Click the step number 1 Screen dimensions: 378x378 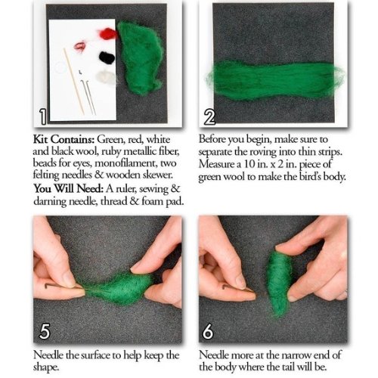point(43,116)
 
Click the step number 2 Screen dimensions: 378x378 point(209,118)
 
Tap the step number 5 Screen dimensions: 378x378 point(45,331)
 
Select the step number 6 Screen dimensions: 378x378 point(208,331)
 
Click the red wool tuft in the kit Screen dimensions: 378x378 point(107,33)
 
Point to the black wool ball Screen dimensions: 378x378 point(107,57)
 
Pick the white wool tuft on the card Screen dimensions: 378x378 point(105,76)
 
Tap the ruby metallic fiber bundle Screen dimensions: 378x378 point(79,47)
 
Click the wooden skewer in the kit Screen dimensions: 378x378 point(73,81)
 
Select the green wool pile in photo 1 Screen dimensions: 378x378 point(140,54)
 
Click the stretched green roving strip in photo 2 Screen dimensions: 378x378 point(274,80)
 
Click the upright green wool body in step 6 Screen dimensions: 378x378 point(278,282)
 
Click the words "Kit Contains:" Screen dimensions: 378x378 point(64,139)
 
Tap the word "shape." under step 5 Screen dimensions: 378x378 point(46,367)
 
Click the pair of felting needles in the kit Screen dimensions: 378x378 point(88,97)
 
